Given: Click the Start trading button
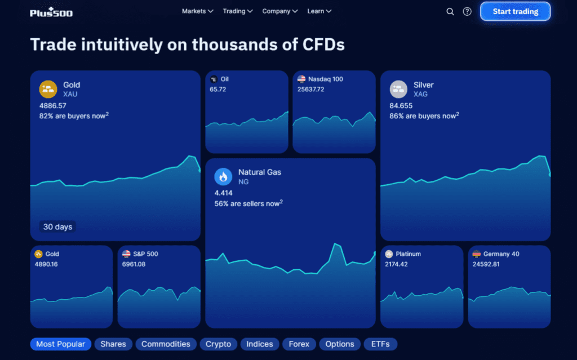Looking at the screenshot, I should (515, 11).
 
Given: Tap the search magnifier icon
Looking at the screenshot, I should (450, 11).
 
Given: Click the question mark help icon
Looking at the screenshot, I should (467, 11).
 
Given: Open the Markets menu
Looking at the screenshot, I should (197, 11).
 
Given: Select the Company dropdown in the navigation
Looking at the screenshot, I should (279, 11).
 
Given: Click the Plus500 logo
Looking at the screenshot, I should (51, 11).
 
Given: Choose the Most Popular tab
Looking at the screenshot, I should (61, 344).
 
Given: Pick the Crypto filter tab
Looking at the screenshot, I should (218, 344).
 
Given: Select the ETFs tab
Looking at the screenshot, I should (380, 344).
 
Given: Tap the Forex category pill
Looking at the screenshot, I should (299, 344).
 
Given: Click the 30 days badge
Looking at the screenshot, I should (58, 227).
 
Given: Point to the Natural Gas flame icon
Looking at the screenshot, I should (223, 177).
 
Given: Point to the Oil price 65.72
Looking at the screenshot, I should (218, 89).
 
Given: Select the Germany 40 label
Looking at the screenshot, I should (501, 254).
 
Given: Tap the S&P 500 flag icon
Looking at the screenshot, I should (126, 254).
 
